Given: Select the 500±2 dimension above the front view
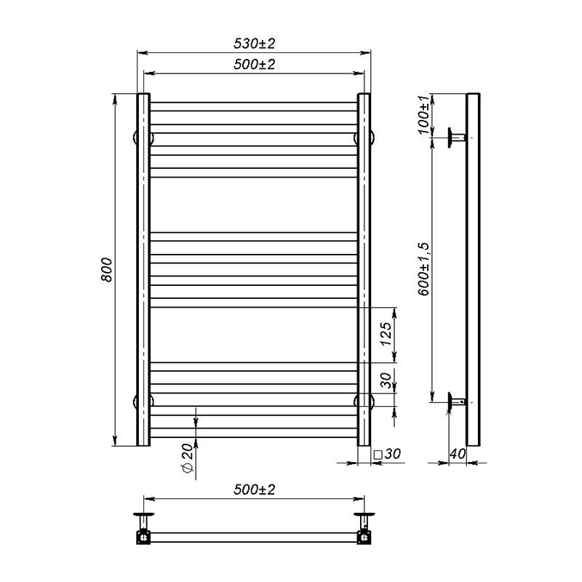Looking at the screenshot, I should [x=254, y=64].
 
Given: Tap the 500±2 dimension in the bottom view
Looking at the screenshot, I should [x=254, y=490].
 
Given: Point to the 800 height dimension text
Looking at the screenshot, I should [x=106, y=270].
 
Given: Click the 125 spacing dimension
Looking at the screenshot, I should [x=386, y=334].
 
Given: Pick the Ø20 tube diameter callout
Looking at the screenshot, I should [x=186, y=460].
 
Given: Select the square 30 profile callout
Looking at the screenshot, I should [x=387, y=454].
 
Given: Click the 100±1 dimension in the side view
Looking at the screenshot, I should [x=425, y=114].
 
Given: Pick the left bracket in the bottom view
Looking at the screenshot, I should [x=143, y=529].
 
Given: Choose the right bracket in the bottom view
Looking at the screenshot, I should [x=364, y=529].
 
